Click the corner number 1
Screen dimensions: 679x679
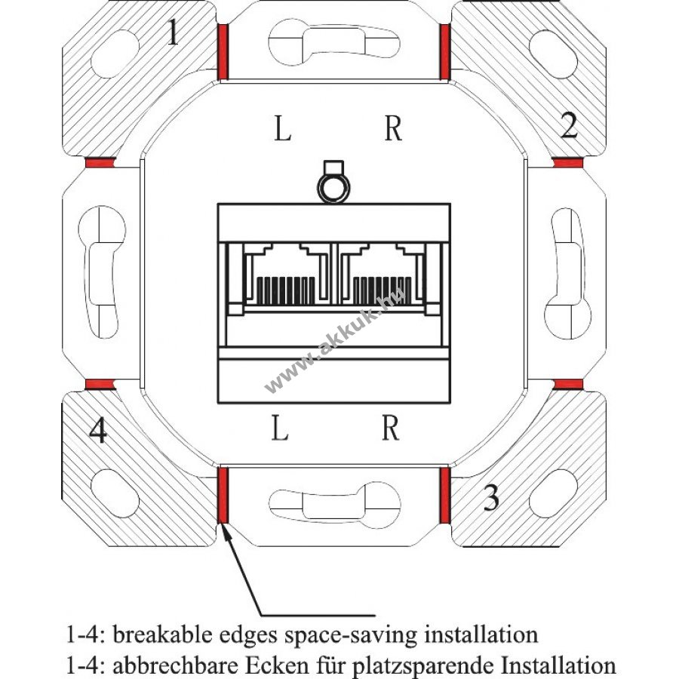point(174,33)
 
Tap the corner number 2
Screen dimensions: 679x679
point(569,125)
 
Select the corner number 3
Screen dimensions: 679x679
point(491,498)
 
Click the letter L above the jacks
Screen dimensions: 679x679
point(281,129)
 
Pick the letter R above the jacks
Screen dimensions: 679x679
point(392,129)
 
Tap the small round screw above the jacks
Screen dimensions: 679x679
point(333,186)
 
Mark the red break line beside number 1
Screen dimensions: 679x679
point(223,51)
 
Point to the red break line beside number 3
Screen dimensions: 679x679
point(445,495)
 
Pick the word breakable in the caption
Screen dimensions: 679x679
point(153,634)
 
